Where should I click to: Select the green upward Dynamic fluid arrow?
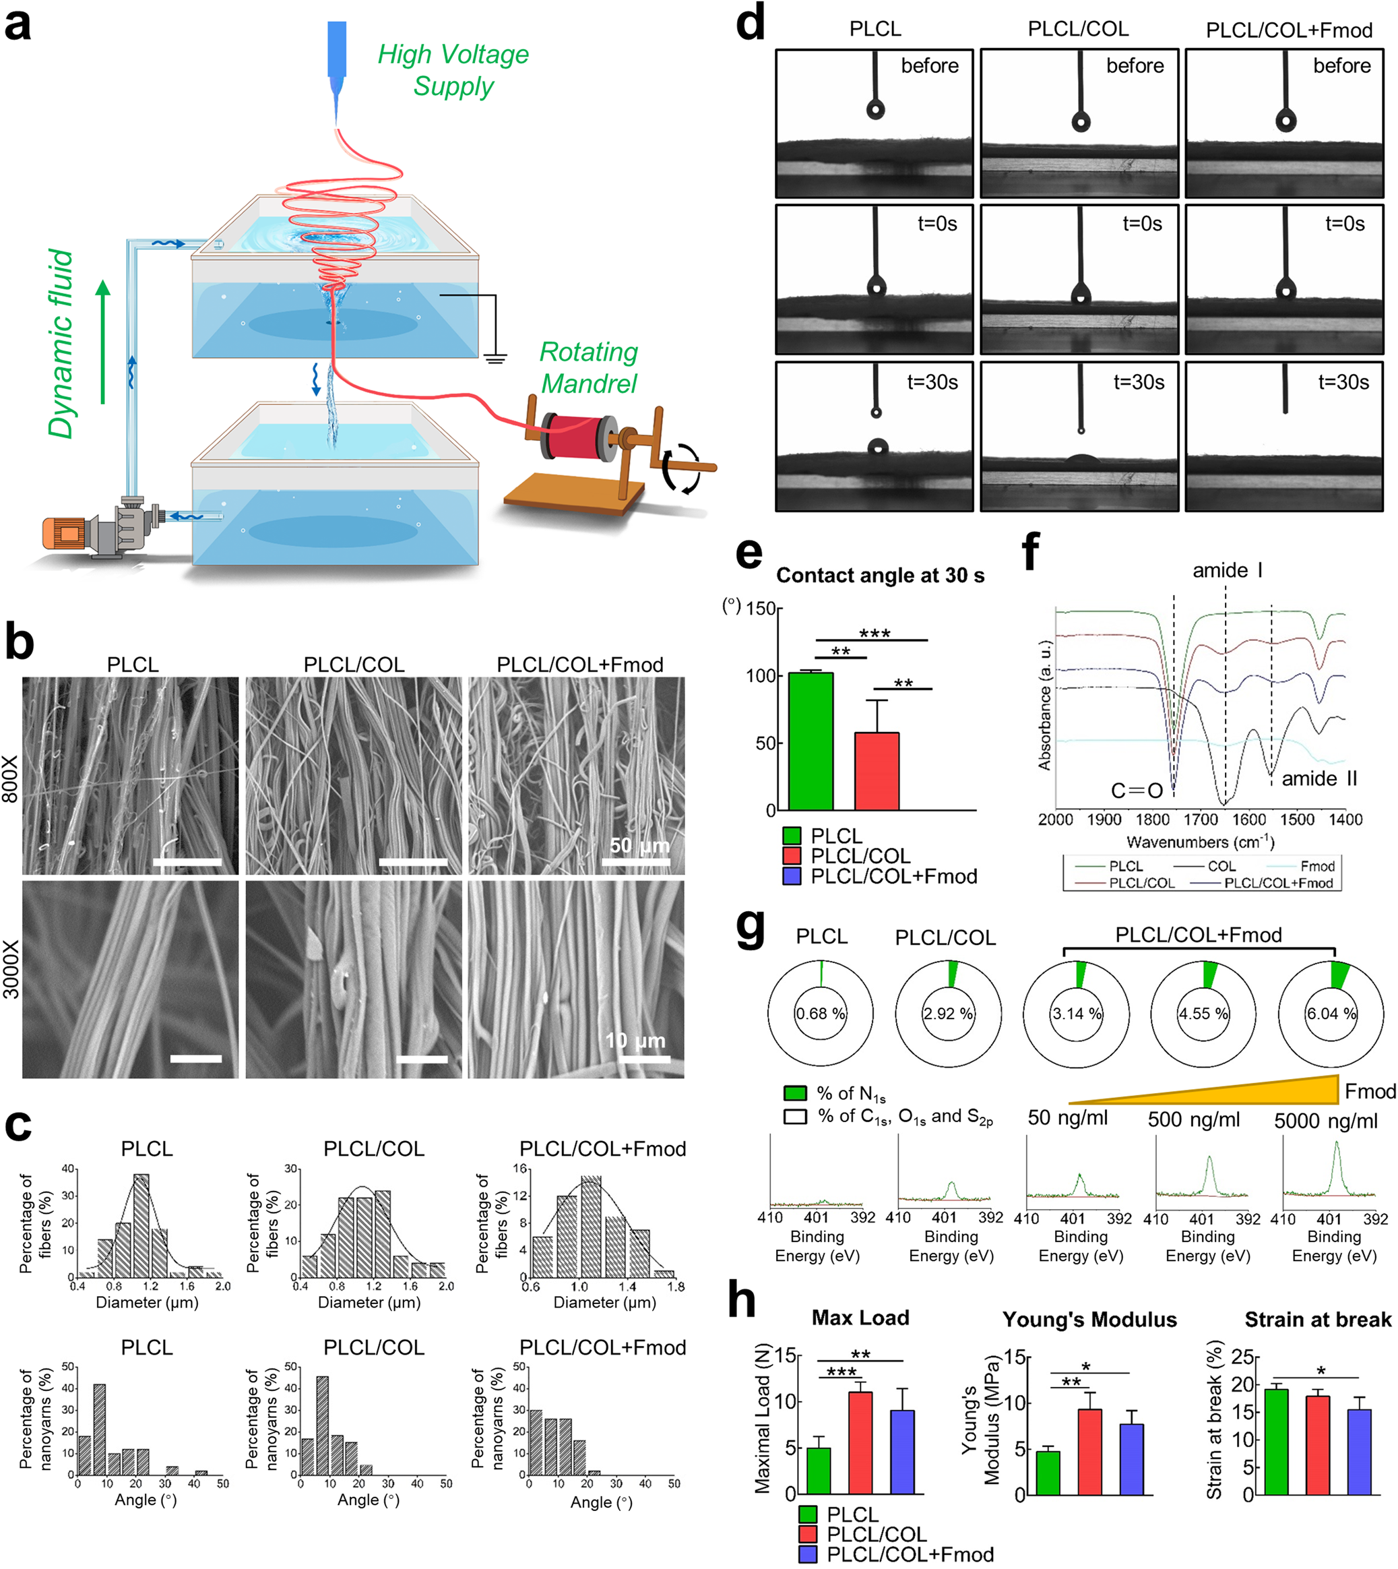103,342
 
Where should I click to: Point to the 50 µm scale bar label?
639,845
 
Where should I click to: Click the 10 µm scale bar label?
635,1041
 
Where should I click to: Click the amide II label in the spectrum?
1319,778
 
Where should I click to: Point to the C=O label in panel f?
1137,791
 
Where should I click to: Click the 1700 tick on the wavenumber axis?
1201,820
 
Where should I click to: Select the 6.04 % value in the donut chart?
1331,1014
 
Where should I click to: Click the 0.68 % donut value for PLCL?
821,1014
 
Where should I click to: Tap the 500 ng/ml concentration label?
1194,1119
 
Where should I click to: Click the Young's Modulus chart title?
1089,1320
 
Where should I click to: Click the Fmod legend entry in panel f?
1316,866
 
